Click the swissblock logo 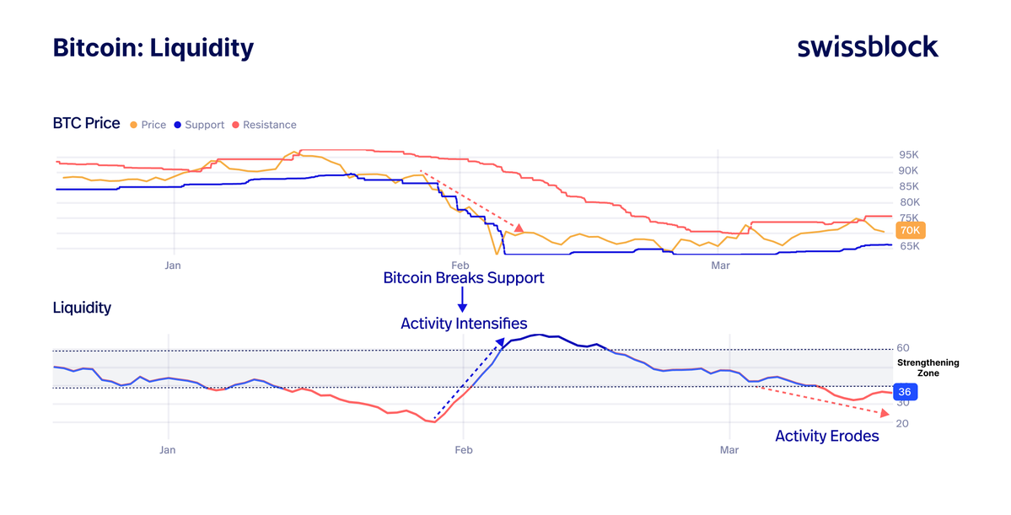click(868, 47)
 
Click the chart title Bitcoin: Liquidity click(153, 47)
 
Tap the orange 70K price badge click(910, 230)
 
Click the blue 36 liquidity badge click(904, 392)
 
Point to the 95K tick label click(909, 156)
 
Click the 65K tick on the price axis click(909, 246)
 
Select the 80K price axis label click(909, 202)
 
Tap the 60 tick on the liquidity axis click(903, 348)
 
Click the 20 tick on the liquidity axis click(903, 423)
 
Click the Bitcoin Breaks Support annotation click(463, 277)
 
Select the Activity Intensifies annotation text click(464, 324)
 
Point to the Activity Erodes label click(826, 436)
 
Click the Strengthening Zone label click(928, 367)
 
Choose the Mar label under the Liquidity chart click(729, 450)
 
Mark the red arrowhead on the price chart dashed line click(519, 228)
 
